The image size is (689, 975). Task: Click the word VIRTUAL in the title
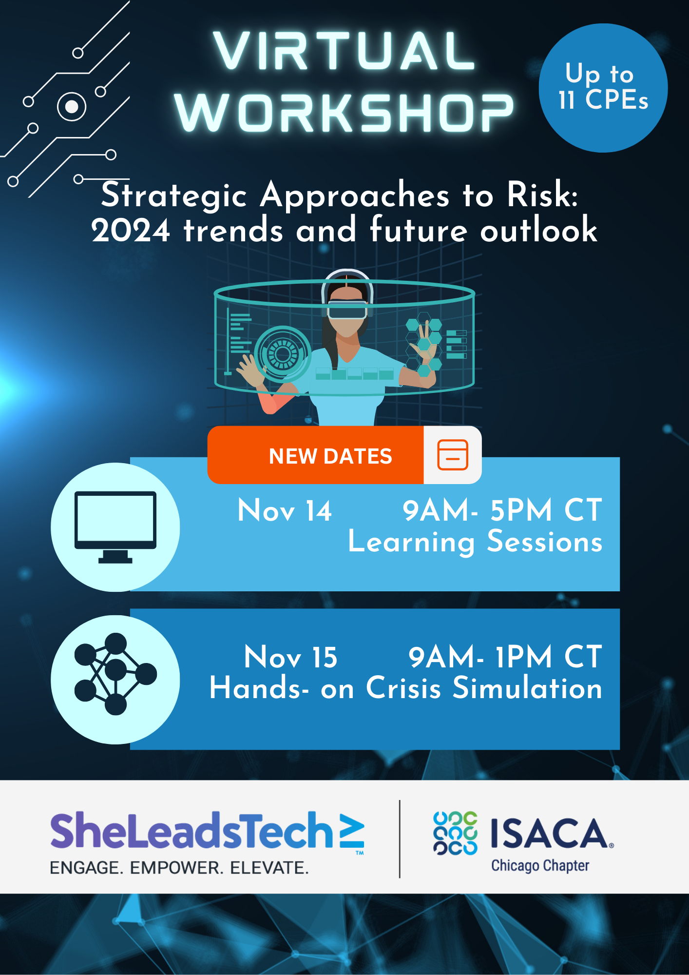tap(344, 51)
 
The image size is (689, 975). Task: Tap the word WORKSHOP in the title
tap(344, 113)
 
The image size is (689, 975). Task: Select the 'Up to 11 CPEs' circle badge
tap(603, 88)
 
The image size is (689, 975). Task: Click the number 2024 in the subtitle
tap(131, 231)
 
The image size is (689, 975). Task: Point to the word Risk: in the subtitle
tap(542, 195)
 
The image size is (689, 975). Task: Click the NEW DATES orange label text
tap(330, 456)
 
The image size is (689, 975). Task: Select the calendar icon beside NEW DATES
tap(453, 455)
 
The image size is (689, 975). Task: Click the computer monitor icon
tap(115, 527)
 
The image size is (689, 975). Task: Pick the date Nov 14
tap(285, 511)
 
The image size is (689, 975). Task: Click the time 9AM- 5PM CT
tap(502, 510)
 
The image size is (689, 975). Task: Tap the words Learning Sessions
tap(475, 542)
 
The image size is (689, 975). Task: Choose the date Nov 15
tap(291, 657)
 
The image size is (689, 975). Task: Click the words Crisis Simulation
tap(484, 688)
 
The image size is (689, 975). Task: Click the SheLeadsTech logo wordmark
tap(207, 831)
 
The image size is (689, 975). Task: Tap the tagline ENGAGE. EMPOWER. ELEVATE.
tap(179, 868)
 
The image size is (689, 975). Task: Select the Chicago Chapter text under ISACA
tap(540, 866)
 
